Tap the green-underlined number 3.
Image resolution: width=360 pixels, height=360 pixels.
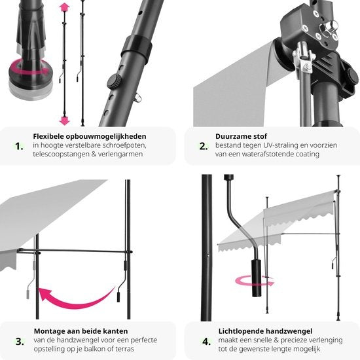(x=20, y=340)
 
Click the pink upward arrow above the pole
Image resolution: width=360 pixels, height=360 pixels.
(x=64, y=8)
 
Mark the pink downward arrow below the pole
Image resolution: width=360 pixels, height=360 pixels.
(x=64, y=120)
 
